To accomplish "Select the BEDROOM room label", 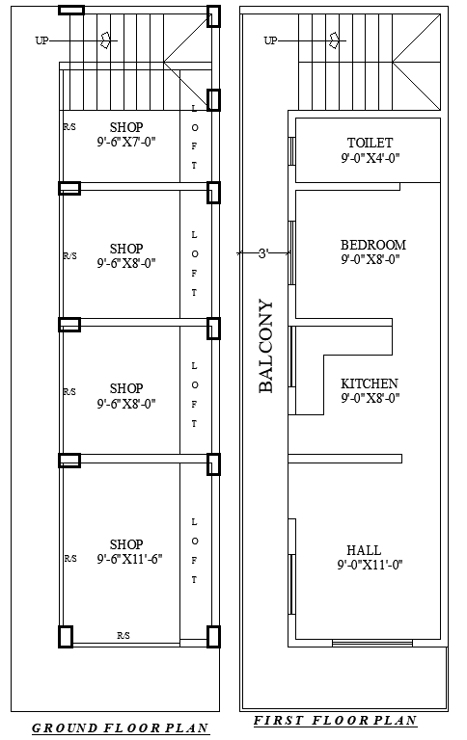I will (372, 245).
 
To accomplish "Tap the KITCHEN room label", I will (370, 383).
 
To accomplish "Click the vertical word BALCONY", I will (266, 347).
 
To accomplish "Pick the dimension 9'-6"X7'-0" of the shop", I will (126, 142).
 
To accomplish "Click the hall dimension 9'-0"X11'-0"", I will (370, 565).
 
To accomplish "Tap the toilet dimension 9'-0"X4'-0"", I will (370, 158).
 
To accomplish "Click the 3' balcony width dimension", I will (261, 253).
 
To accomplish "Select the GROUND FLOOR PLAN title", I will (122, 728).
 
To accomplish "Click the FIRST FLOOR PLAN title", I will (335, 721).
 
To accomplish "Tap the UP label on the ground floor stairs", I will (41, 40).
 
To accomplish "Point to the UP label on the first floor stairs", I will (270, 40).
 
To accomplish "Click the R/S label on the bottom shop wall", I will (124, 636).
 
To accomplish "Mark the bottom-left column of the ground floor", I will (66, 636).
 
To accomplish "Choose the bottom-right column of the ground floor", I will (213, 636).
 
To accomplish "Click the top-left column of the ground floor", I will (70, 11).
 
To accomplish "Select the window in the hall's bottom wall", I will (371, 643).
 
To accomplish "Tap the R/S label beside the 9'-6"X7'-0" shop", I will (69, 127).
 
